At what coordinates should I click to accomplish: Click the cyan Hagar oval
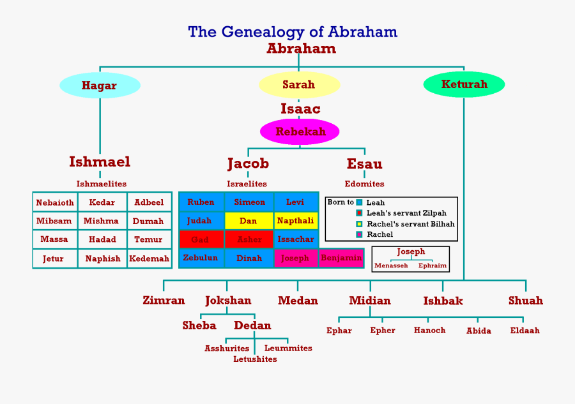100,86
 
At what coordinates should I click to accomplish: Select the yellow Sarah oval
298,85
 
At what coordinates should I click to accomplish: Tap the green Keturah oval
464,84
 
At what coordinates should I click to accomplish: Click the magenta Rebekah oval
300,132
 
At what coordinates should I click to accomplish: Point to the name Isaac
300,109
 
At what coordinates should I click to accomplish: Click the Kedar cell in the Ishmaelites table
102,202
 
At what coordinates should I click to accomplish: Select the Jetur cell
54,258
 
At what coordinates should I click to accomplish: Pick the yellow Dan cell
249,221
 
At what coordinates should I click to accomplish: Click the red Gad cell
201,239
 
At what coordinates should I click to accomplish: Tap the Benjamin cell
341,258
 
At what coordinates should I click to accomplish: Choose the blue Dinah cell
249,258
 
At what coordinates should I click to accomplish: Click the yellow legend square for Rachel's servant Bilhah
359,224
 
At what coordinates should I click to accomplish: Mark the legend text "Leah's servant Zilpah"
406,213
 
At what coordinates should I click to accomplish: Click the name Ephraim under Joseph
433,266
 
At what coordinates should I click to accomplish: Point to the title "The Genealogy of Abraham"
293,32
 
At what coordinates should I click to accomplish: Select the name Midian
370,301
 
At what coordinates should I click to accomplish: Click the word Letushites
255,359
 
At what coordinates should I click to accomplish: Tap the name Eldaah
525,331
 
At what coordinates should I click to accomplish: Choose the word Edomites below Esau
364,184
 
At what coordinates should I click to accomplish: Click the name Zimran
164,301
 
